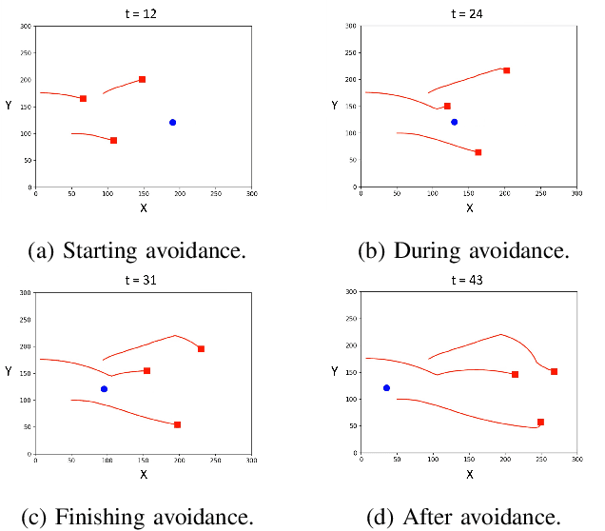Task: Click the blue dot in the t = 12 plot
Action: pyautogui.click(x=172, y=122)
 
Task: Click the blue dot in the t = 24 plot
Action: pyautogui.click(x=454, y=122)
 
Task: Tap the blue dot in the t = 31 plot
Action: pyautogui.click(x=104, y=388)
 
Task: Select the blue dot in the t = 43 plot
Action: pyautogui.click(x=386, y=387)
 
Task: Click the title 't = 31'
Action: pyautogui.click(x=144, y=280)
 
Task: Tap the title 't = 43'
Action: pyautogui.click(x=468, y=280)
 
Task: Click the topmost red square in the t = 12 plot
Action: pyautogui.click(x=142, y=79)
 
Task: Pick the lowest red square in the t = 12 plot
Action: pyautogui.click(x=113, y=140)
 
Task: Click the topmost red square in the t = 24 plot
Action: pyautogui.click(x=506, y=70)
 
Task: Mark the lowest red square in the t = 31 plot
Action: pyautogui.click(x=178, y=424)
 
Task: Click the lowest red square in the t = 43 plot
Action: pyautogui.click(x=540, y=422)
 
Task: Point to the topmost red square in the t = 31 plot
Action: pyautogui.click(x=201, y=348)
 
